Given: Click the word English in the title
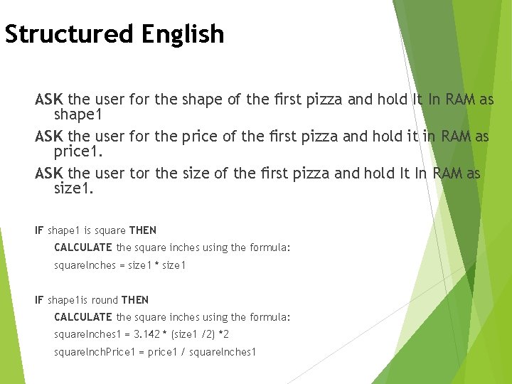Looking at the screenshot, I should (183, 34).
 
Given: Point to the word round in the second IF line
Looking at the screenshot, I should (104, 300).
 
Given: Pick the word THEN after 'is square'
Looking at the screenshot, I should (143, 230).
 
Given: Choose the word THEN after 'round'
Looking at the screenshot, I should (135, 300).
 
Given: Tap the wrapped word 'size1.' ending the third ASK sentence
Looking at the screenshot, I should (74, 189).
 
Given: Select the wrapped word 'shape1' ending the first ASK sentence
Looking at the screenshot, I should (79, 115).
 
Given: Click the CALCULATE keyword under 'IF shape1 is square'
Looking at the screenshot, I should (83, 247).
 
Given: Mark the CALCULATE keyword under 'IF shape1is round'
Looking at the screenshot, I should (83, 317).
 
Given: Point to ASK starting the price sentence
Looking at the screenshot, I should (49, 136).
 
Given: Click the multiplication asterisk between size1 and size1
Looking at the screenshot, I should (156, 265).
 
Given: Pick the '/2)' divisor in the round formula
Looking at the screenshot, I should (208, 334).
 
